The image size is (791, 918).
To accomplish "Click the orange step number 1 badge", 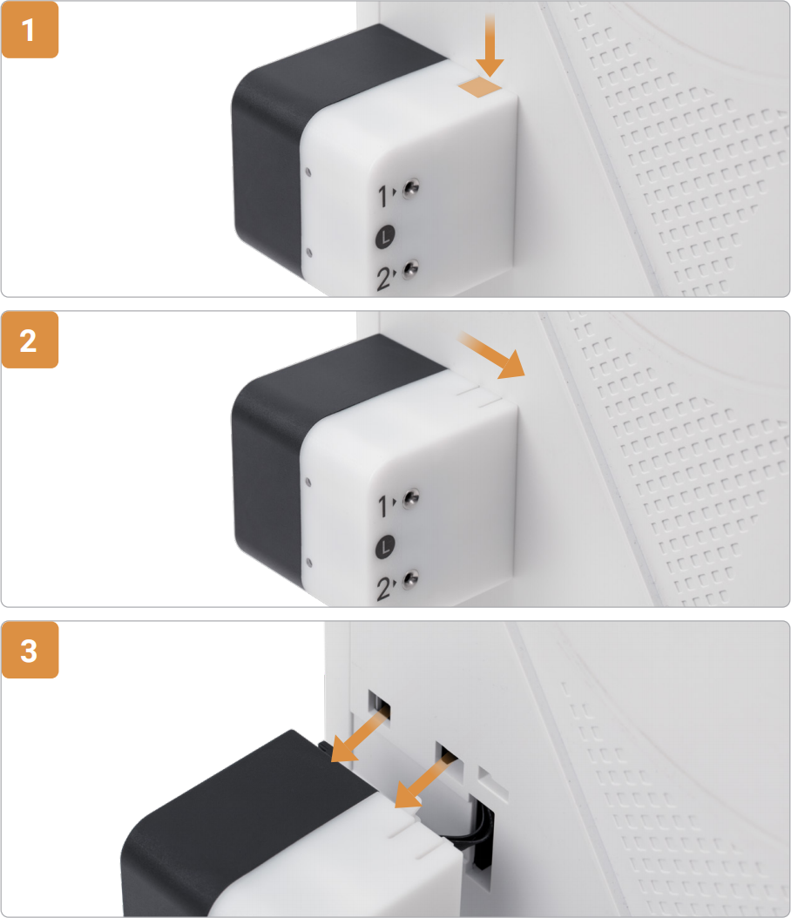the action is tap(30, 30).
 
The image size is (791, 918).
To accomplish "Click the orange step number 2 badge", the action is tap(30, 340).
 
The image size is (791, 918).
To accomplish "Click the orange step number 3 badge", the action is tap(30, 650).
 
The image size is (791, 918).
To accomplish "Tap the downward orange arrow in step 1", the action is tap(490, 45).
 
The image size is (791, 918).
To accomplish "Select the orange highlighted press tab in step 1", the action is tap(480, 87).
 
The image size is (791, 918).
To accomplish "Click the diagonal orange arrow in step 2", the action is tap(492, 355).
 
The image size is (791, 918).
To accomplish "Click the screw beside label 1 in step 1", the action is tap(411, 188).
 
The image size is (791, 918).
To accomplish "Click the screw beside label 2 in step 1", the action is tap(411, 269).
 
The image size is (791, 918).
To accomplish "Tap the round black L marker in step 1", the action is tap(385, 237).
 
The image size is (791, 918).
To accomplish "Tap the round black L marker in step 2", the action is tap(385, 547).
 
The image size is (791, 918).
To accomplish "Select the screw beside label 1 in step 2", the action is tap(411, 497).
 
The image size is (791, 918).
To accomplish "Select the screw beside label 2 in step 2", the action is tap(411, 579).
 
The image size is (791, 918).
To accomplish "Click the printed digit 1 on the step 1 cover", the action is tap(383, 197).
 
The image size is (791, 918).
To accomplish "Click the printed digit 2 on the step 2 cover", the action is tap(384, 589).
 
